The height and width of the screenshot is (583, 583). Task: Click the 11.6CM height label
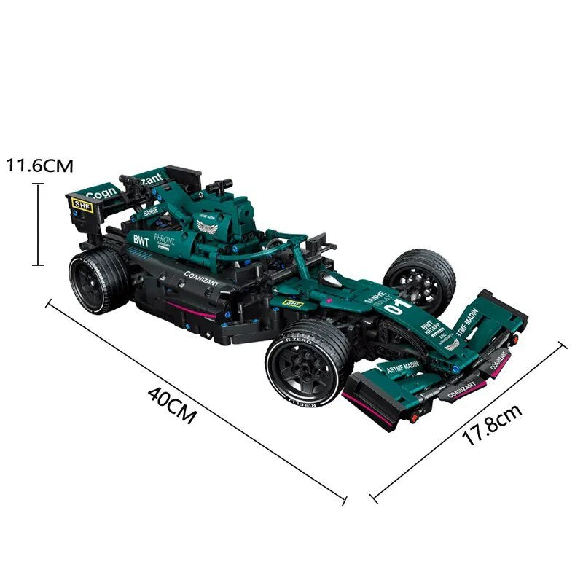point(41,165)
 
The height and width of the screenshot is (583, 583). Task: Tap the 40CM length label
point(172,404)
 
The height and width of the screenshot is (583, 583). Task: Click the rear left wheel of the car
point(99,281)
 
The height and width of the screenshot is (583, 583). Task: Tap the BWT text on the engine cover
point(141,240)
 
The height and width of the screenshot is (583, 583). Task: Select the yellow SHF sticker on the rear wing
point(82,206)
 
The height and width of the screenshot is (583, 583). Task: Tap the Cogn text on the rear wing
point(100,193)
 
